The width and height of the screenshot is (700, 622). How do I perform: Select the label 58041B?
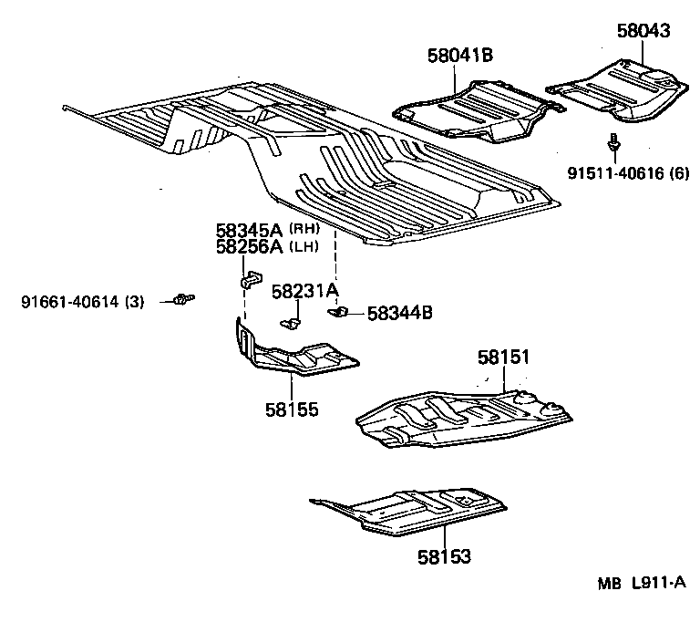(459, 56)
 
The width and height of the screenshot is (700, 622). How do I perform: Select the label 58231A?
(305, 291)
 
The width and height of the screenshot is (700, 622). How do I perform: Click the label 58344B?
(399, 314)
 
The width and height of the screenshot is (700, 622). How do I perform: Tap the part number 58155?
(293, 410)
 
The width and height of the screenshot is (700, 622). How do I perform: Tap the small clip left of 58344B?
(339, 313)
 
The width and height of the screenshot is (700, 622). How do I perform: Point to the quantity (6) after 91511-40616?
(679, 174)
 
